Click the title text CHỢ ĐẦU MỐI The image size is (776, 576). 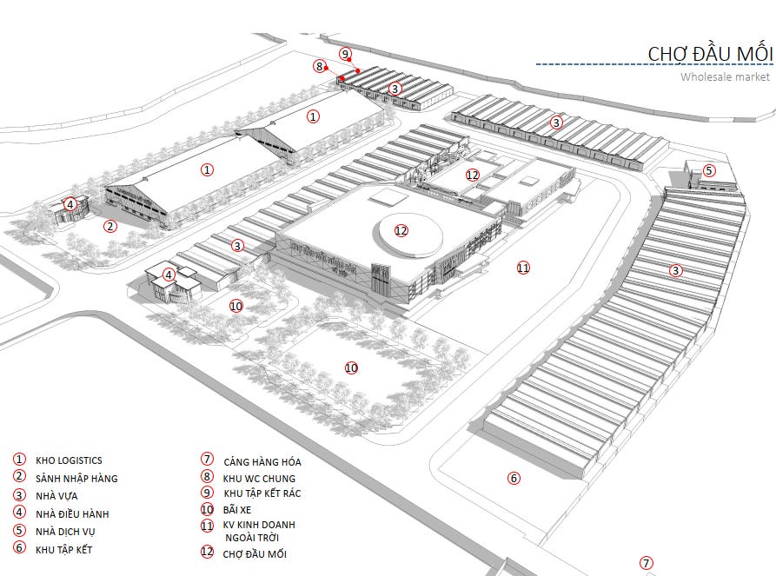pos(709,54)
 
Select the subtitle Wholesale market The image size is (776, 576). pos(725,77)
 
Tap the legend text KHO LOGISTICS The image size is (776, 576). pos(69,460)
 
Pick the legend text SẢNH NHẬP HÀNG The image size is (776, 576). pos(76,479)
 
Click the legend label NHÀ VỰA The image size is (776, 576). pos(56,496)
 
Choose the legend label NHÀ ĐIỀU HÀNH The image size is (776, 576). pos(72,514)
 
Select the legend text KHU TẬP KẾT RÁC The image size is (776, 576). pos(262,493)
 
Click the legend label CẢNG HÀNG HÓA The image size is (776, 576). pos(262,461)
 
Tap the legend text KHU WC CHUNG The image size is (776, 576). pos(259,478)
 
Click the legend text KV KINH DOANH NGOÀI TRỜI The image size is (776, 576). pos(259,531)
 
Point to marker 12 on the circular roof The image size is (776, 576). pos(401,230)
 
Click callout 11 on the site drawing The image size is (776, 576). pos(522,268)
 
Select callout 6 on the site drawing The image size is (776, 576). pos(514,478)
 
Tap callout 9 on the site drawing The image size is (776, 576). pos(345,54)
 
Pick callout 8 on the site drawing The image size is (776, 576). pos(320,66)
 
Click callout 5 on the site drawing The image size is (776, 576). pos(709,170)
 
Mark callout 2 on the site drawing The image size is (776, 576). pos(110,227)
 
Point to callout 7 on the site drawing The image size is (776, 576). pos(646,563)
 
